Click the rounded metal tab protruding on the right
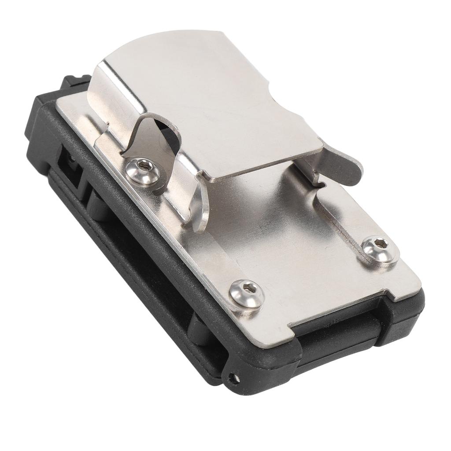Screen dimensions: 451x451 [x=348, y=169]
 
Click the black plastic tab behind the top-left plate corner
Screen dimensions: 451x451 [x=75, y=81]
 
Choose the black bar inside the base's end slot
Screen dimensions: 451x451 [x=344, y=328]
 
